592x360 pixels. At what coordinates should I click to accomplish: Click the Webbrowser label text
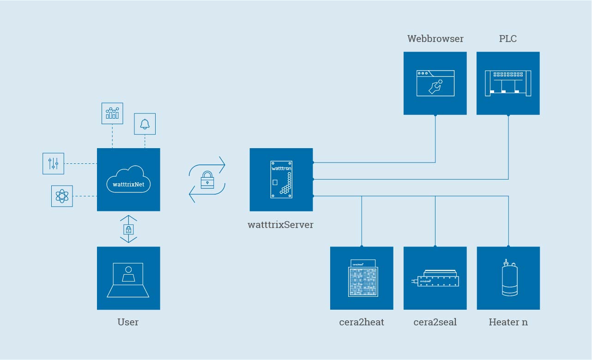[x=435, y=39]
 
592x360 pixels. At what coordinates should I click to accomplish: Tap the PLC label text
[x=507, y=39]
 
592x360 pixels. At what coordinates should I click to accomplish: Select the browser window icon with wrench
[x=435, y=83]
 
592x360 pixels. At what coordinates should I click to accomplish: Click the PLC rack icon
[x=508, y=83]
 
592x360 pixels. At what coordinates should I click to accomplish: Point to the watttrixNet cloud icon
[x=128, y=180]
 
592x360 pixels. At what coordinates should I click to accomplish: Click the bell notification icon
[x=145, y=124]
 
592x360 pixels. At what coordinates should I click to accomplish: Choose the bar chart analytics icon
[x=112, y=113]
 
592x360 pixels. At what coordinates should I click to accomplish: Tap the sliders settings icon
[x=53, y=163]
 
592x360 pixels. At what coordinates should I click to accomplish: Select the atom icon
[x=62, y=196]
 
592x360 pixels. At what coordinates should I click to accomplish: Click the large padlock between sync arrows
[x=207, y=180]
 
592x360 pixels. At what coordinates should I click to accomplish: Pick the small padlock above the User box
[x=128, y=229]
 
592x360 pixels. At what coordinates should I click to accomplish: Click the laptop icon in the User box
[x=128, y=280]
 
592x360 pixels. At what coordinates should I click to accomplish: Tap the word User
[x=128, y=322]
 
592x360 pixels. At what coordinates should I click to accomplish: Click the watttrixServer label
[x=281, y=225]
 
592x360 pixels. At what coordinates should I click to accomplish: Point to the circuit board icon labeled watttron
[x=281, y=180]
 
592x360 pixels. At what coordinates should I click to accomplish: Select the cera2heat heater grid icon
[x=362, y=278]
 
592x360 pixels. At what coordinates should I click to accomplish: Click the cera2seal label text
[x=435, y=322]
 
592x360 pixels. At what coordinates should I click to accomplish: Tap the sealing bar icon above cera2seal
[x=435, y=279]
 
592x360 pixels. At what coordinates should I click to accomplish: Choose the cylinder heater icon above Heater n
[x=509, y=278]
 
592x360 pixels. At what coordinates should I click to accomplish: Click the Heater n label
[x=508, y=322]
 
